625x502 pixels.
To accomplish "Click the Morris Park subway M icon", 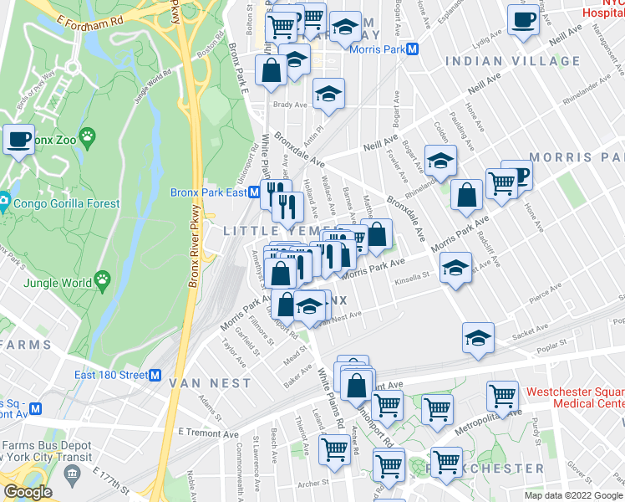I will pyautogui.click(x=424, y=49).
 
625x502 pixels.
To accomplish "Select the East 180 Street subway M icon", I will pyautogui.click(x=155, y=375).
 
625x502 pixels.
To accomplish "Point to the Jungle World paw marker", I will pyautogui.click(x=103, y=278).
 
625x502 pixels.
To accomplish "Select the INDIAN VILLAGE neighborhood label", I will pyautogui.click(x=512, y=61).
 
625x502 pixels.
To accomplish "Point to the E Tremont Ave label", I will pyautogui.click(x=208, y=433).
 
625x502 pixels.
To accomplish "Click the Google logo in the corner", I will pyautogui.click(x=27, y=492).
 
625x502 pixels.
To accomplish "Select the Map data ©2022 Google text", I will pyautogui.click(x=572, y=495).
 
